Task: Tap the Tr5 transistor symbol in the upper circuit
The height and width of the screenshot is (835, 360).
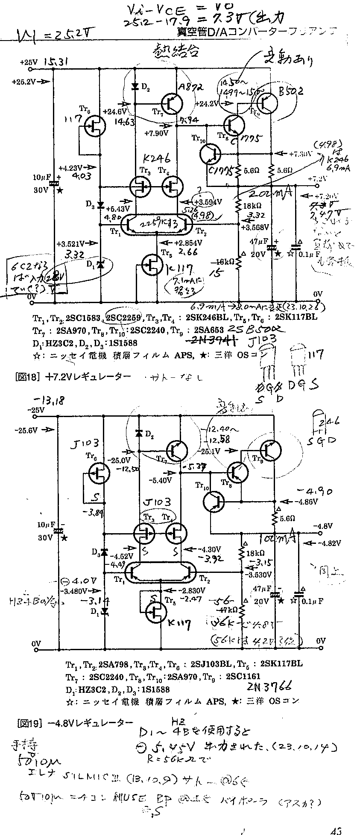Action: point(153,265)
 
